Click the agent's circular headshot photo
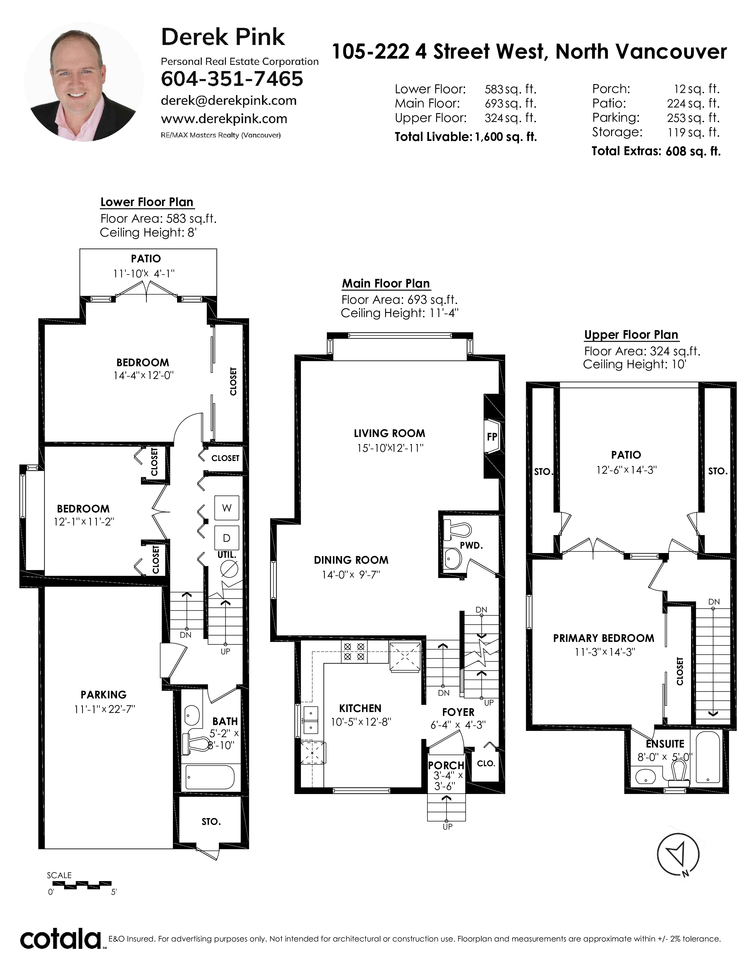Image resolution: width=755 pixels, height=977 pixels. point(84,82)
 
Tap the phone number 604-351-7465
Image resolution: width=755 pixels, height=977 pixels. point(232,79)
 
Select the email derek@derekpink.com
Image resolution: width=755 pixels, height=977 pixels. point(229,101)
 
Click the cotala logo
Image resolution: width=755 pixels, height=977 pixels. point(60,939)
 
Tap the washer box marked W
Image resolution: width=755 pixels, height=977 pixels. point(227,508)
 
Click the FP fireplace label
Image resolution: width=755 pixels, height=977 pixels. point(492,437)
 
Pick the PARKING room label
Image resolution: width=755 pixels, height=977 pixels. point(103,695)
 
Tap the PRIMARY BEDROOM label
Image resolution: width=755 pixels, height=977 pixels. point(603,638)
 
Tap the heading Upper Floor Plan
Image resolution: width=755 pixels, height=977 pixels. point(631,335)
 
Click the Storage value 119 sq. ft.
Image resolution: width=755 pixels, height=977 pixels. point(693,132)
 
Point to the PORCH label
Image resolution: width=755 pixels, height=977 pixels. point(446,765)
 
